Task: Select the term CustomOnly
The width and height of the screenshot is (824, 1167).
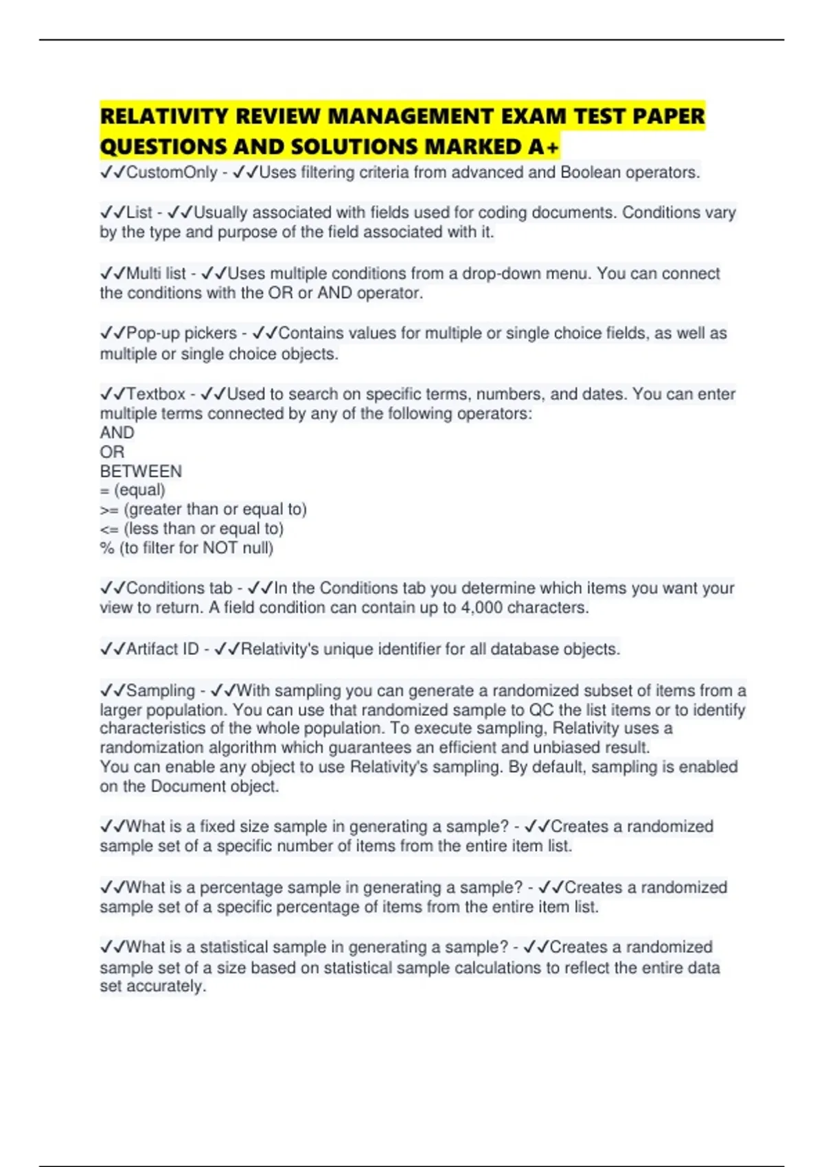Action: click(x=172, y=172)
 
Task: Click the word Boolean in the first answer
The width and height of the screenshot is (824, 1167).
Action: click(x=590, y=172)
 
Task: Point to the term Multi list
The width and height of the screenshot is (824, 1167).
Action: click(x=156, y=273)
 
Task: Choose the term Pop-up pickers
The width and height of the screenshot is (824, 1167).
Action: click(x=181, y=333)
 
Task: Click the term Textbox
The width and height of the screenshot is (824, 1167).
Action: click(x=156, y=394)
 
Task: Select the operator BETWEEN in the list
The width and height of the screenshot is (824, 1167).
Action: click(x=141, y=472)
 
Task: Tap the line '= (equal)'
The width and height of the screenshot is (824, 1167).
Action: click(x=133, y=490)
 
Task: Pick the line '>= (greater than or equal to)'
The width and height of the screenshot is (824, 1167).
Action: click(x=203, y=509)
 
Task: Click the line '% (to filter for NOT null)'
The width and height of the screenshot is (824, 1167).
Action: click(x=187, y=548)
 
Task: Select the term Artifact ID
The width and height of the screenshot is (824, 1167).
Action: click(x=162, y=649)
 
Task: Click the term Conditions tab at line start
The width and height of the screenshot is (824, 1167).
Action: click(x=179, y=588)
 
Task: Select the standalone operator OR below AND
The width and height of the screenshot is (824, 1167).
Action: click(x=112, y=452)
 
